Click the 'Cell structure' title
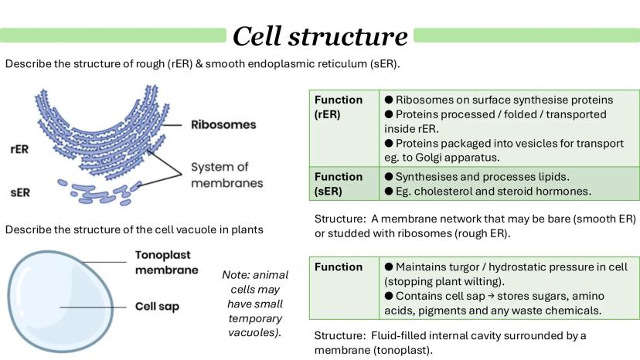tap(320, 36)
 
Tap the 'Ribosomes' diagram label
tap(223, 124)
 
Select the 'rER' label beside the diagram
tap(19, 149)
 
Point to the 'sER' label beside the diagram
tap(20, 192)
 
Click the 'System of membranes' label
tap(227, 175)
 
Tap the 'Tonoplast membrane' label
tap(166, 263)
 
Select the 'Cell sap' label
tap(157, 307)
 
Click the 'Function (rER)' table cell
tap(344, 128)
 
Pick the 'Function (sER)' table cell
tap(344, 183)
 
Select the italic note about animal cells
tap(255, 304)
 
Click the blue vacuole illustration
tap(60, 301)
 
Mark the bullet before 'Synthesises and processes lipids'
tap(389, 177)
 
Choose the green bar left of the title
tap(113, 35)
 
